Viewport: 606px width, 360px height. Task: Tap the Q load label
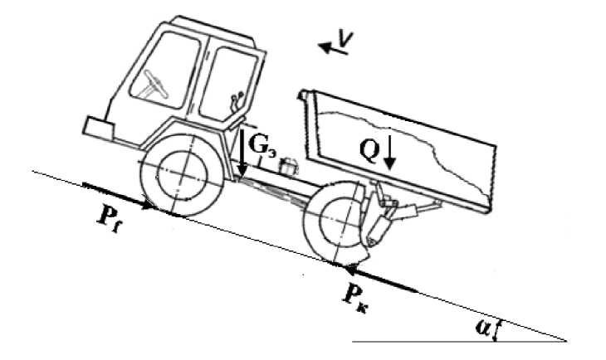pos(370,147)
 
